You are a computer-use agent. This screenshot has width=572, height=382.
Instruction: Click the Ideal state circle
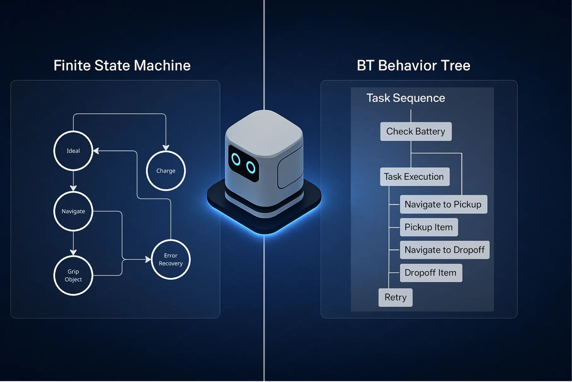[73, 151]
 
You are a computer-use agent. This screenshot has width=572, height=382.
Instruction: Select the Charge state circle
[166, 171]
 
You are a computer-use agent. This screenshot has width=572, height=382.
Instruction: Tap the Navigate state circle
[73, 211]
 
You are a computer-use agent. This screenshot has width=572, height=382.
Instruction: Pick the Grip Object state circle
[73, 275]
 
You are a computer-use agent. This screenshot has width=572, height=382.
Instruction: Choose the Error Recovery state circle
[171, 259]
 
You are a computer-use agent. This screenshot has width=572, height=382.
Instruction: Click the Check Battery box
[416, 131]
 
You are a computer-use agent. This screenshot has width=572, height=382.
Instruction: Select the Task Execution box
[414, 177]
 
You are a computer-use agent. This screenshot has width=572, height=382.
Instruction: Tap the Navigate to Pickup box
[443, 204]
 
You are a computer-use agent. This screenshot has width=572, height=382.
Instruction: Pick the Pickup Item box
[429, 227]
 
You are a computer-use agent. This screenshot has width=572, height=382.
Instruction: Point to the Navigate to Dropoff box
[444, 250]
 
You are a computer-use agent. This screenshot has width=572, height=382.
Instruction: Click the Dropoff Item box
[430, 273]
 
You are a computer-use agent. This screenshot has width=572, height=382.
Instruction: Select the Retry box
[395, 297]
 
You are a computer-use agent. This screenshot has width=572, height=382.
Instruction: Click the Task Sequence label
[406, 98]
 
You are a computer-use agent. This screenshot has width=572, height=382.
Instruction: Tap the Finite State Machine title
[122, 66]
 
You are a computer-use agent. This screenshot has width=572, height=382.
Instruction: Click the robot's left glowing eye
[236, 159]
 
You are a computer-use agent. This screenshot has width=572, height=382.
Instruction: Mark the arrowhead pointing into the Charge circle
[166, 148]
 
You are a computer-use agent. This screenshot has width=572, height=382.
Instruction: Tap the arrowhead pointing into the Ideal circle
[96, 151]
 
